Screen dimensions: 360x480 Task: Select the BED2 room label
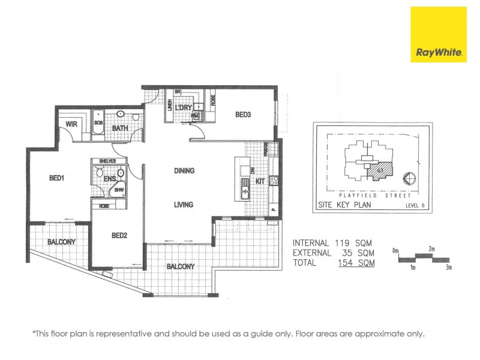click(x=119, y=236)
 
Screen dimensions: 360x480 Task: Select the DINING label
click(x=184, y=171)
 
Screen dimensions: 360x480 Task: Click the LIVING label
click(x=184, y=205)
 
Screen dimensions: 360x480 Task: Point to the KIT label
click(x=260, y=181)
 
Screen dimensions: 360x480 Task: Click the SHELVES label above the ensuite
click(x=107, y=161)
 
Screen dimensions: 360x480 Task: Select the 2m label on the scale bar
click(x=432, y=248)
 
